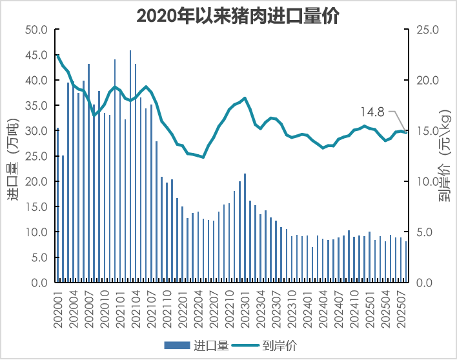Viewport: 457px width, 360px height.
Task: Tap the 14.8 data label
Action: point(372,112)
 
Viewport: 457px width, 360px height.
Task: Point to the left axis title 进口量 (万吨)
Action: point(13,158)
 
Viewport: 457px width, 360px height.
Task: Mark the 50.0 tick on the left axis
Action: point(36,30)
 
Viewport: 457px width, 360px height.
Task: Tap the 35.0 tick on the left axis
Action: point(36,106)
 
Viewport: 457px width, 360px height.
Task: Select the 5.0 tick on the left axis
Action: point(39,257)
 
